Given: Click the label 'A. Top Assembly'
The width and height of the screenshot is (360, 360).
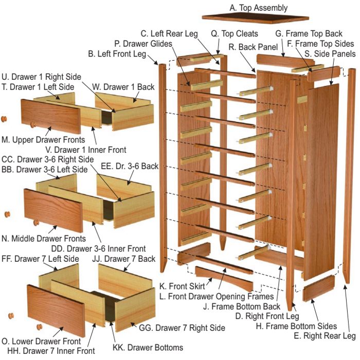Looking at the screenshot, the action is (259, 8).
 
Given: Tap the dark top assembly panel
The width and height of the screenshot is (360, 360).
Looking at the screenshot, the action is (255, 18).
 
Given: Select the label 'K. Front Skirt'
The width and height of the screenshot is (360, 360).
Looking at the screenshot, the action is (182, 286).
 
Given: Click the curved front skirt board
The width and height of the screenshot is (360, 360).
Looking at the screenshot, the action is (224, 278).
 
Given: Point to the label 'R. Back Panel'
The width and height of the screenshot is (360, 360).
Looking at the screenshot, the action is (253, 47).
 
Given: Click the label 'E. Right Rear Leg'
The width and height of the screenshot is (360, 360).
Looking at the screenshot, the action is (325, 336).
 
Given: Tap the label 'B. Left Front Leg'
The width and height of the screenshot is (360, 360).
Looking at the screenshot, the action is (117, 54).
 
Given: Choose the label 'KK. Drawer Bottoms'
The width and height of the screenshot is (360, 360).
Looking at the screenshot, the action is (148, 347).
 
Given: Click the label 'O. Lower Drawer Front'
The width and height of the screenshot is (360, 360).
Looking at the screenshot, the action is (41, 341).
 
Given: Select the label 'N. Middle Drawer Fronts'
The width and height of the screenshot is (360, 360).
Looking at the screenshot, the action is (44, 239).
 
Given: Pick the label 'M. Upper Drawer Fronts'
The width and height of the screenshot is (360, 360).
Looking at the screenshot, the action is (43, 139).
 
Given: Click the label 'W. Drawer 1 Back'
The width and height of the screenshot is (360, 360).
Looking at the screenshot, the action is (123, 87).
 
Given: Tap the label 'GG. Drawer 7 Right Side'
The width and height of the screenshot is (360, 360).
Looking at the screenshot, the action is (182, 328).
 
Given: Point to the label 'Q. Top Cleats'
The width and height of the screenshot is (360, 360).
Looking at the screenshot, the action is (235, 34).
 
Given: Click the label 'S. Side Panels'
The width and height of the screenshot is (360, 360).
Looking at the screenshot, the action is (330, 53).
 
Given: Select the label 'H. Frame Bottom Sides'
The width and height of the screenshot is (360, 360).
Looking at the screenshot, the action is (296, 326).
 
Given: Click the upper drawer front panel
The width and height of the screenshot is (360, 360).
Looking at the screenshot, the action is (51, 116).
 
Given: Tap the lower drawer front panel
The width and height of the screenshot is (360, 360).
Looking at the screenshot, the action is (56, 311).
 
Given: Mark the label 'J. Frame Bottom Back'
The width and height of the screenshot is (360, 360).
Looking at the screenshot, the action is (242, 307).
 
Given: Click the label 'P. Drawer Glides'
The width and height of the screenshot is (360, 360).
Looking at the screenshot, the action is (143, 44).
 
